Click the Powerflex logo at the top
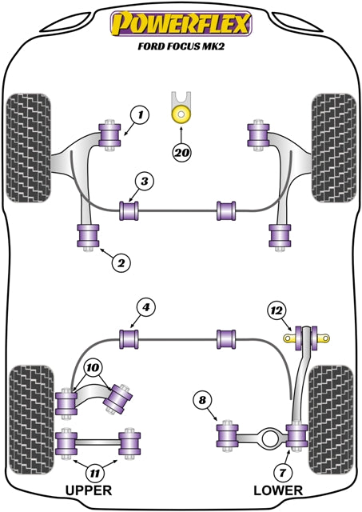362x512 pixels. coord(181,23)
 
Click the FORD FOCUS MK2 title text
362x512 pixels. coord(181,46)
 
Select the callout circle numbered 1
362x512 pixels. coord(140,115)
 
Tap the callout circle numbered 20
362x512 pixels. coord(181,152)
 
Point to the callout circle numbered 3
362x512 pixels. coord(145,182)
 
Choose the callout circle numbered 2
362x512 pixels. coord(121,262)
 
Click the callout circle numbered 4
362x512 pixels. coord(145,307)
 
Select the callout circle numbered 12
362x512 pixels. coord(276,310)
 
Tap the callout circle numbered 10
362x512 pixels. coord(93,368)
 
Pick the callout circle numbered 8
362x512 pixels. coord(202,400)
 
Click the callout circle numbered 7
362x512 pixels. coord(282,472)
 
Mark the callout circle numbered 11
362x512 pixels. coord(94,473)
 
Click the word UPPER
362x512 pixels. coord(89,490)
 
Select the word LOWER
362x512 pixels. coord(278,490)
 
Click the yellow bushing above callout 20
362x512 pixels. coord(181,114)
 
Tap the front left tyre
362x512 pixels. coord(29,147)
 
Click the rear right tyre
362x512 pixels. coord(331,420)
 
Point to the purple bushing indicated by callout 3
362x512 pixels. coord(129,211)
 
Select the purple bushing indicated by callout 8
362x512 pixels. coord(228,435)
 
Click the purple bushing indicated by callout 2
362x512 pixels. coord(88,236)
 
